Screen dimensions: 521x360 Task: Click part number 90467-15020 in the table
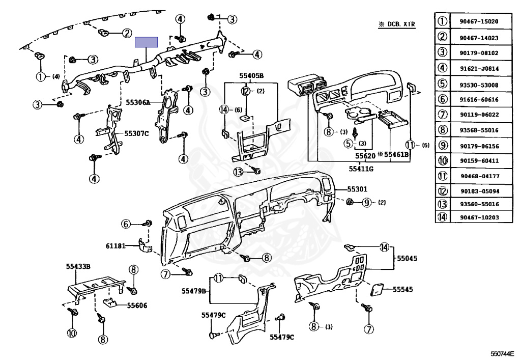pyautogui.click(x=479, y=21)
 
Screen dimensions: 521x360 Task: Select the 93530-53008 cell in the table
pyautogui.click(x=479, y=85)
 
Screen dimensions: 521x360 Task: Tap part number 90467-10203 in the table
pyautogui.click(x=479, y=217)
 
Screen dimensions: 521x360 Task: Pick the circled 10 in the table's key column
pyautogui.click(x=443, y=161)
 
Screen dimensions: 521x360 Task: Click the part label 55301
pyautogui.click(x=357, y=189)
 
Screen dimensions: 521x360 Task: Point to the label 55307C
pyautogui.click(x=136, y=133)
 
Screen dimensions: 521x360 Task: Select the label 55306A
pyautogui.click(x=138, y=102)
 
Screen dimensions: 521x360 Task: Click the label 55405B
pyautogui.click(x=251, y=76)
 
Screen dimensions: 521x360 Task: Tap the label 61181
pyautogui.click(x=115, y=246)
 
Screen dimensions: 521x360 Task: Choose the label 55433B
pyautogui.click(x=78, y=266)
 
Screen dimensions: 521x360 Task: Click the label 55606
pyautogui.click(x=137, y=305)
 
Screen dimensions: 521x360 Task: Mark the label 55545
pyautogui.click(x=403, y=290)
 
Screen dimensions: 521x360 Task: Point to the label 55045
pyautogui.click(x=407, y=258)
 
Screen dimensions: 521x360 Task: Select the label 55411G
pyautogui.click(x=361, y=169)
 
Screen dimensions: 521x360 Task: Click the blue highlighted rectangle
pyautogui.click(x=146, y=42)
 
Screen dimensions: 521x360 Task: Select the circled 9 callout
pyautogui.click(x=366, y=202)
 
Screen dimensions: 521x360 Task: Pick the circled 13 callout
pyautogui.click(x=239, y=172)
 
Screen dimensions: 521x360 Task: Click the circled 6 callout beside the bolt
pyautogui.click(x=126, y=224)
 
